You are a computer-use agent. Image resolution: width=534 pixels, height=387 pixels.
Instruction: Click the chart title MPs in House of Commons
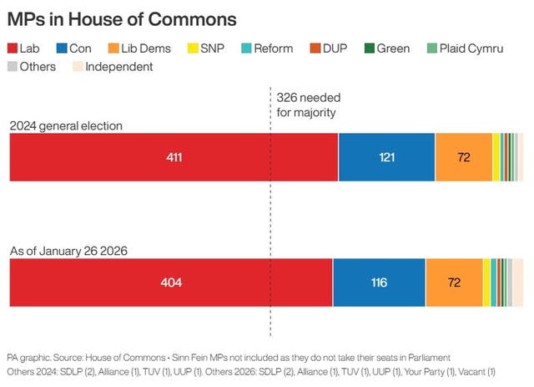click(122, 18)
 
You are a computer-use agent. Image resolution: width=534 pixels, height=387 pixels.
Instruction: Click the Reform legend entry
click(267, 48)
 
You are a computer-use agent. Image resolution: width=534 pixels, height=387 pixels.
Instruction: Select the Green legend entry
click(386, 48)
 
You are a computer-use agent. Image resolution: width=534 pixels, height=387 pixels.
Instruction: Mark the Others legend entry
click(37, 67)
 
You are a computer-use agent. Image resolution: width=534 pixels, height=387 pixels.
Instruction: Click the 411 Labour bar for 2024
click(174, 157)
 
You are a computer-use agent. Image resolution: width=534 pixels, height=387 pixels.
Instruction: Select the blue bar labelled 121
click(386, 157)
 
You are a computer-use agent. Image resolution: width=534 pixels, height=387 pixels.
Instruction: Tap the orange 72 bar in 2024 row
click(464, 157)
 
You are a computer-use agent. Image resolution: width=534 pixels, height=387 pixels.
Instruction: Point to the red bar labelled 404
click(170, 283)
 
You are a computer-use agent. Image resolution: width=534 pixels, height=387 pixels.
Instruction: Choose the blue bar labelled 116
click(379, 283)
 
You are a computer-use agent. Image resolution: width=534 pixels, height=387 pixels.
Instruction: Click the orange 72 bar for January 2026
click(454, 283)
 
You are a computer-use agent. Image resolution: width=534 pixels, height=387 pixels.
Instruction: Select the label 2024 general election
click(66, 126)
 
